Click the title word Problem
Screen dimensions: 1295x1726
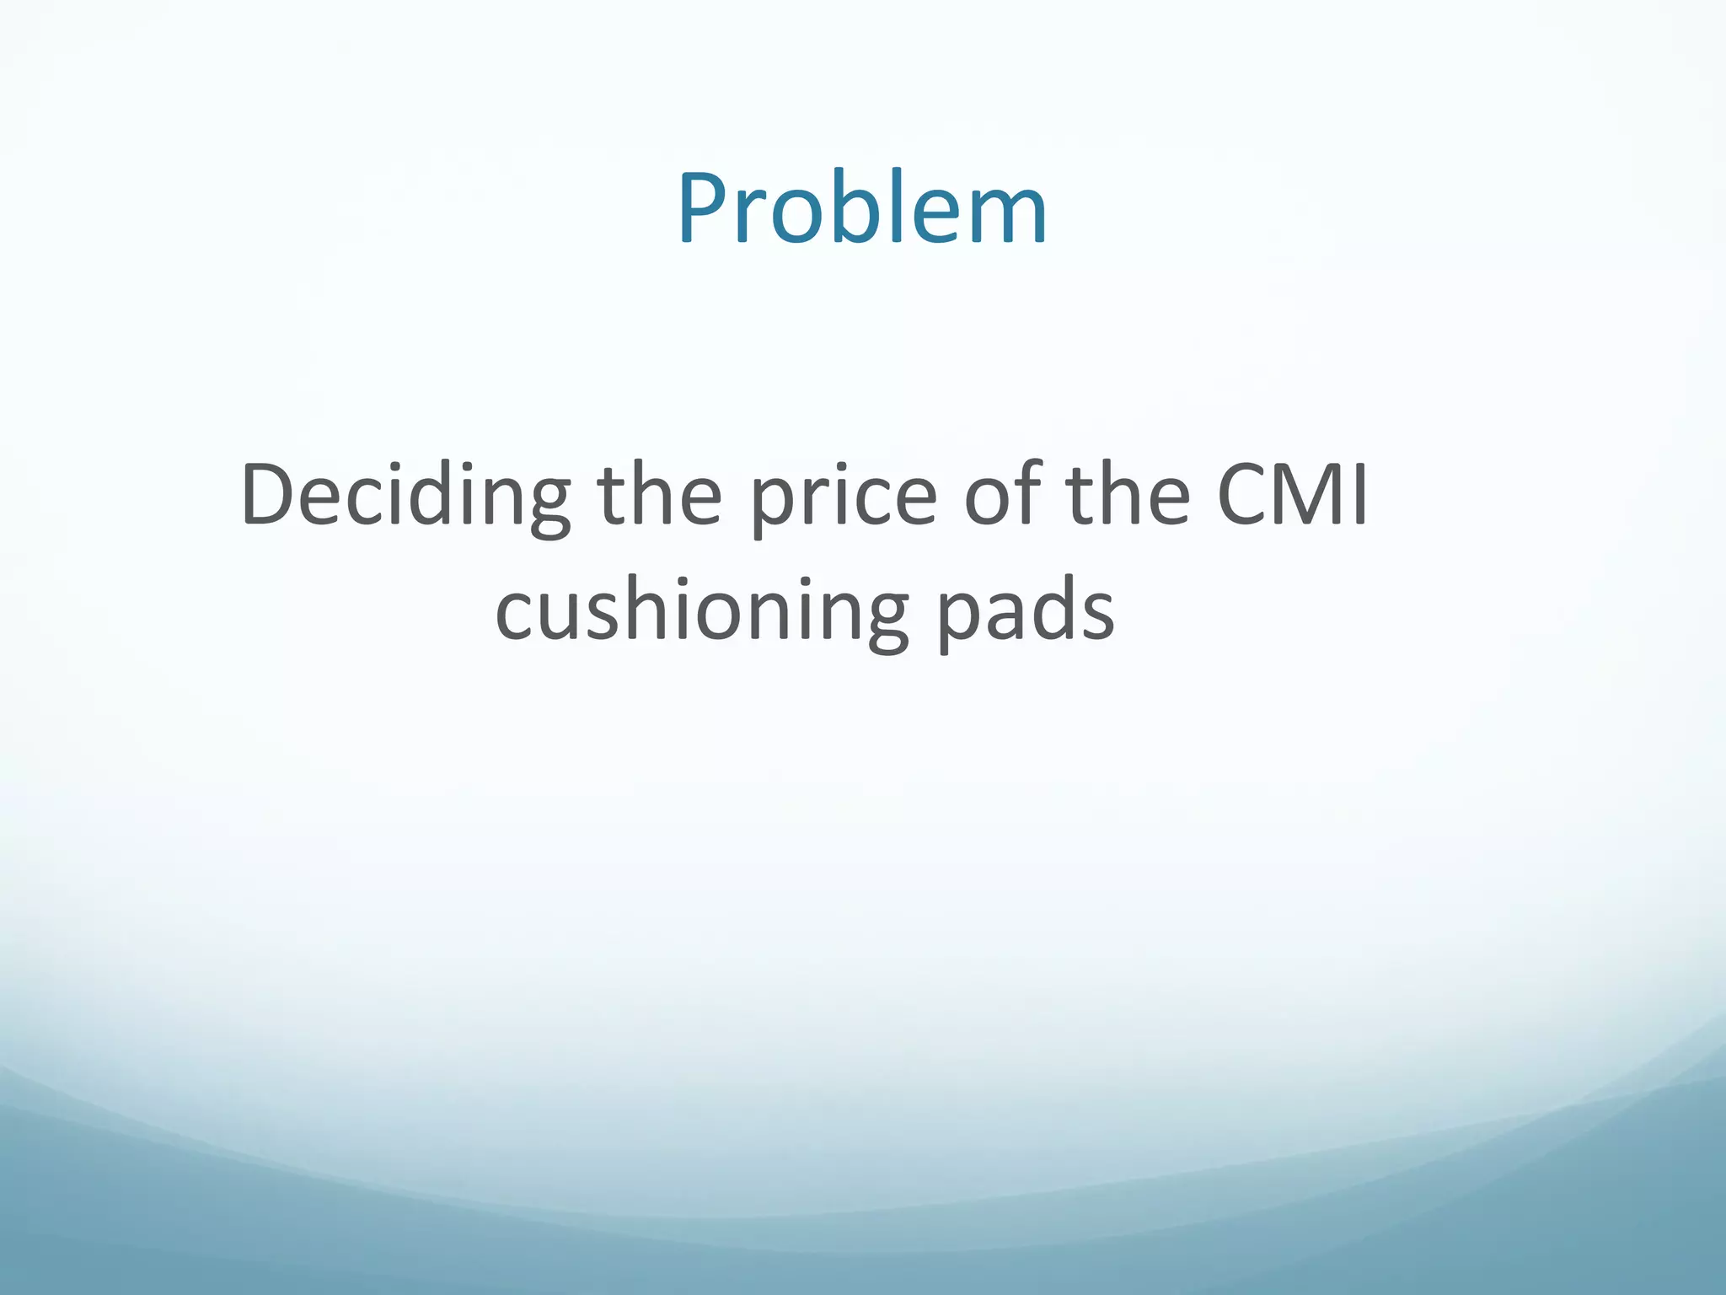pyautogui.click(x=861, y=207)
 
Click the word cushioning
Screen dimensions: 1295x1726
pyautogui.click(x=702, y=610)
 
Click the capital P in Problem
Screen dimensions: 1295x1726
pyautogui.click(x=706, y=207)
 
